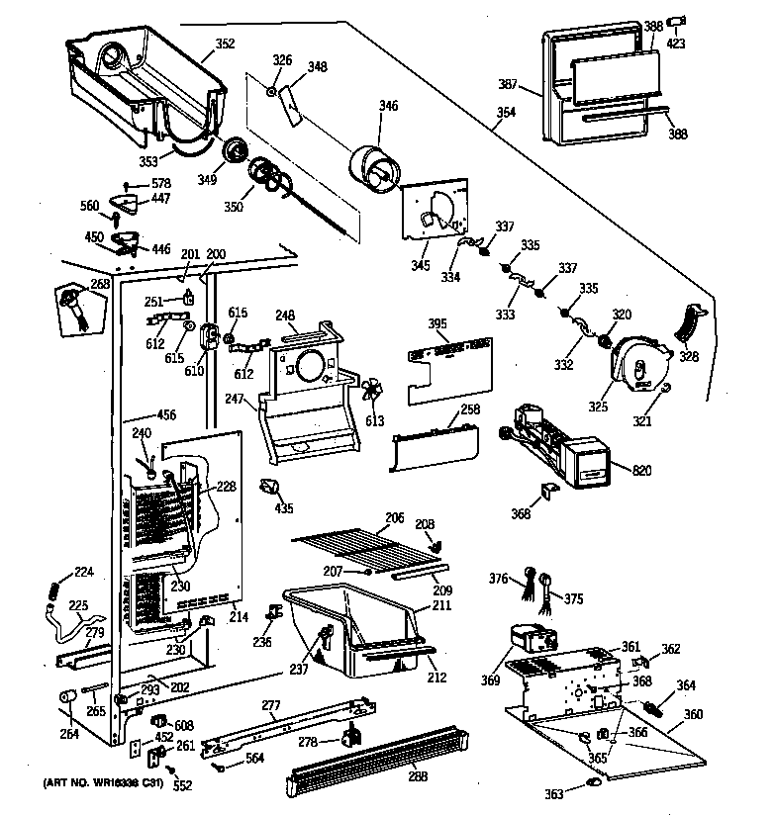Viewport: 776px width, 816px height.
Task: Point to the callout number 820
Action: [x=641, y=470]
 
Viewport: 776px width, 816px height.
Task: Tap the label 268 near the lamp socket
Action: [x=100, y=284]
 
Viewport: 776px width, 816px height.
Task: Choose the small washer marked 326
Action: [x=270, y=92]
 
